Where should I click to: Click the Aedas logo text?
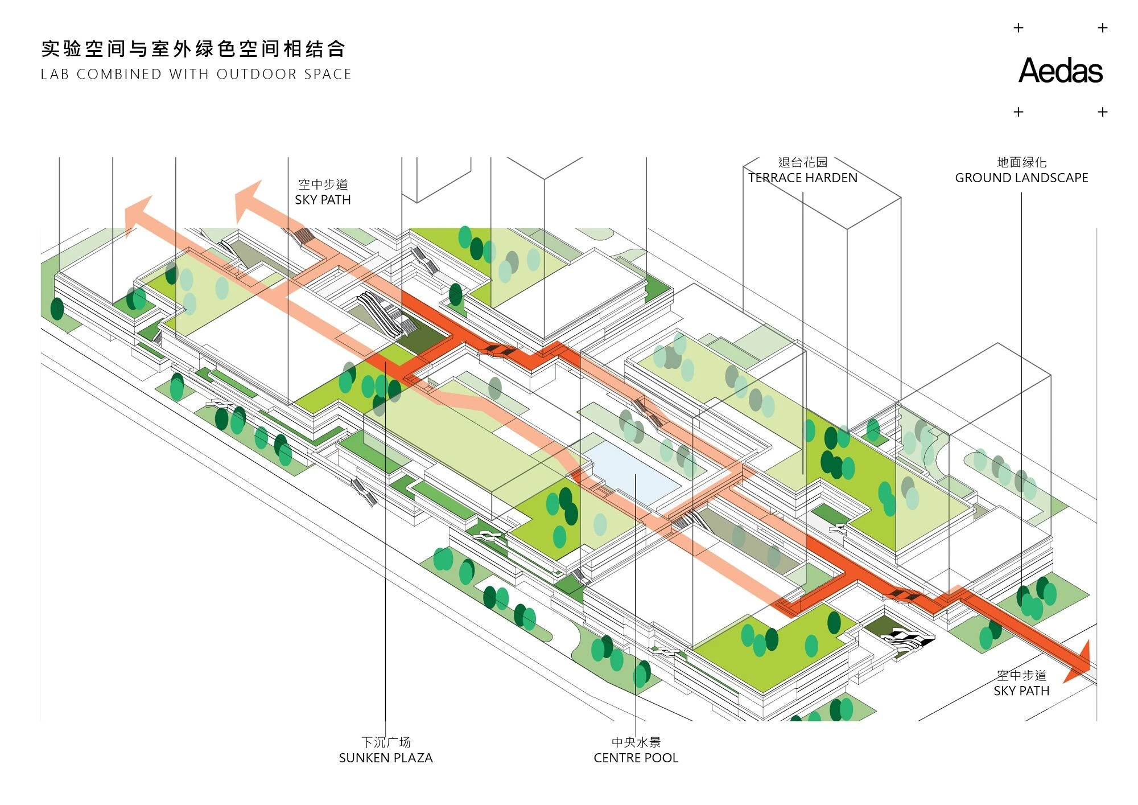[x=1060, y=71]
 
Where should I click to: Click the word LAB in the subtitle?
[x=55, y=75]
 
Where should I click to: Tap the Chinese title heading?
[x=193, y=49]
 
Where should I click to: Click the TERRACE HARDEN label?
[x=802, y=178]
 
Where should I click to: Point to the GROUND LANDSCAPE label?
[x=1021, y=178]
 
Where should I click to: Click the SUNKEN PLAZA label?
[x=386, y=758]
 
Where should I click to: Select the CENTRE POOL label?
[x=636, y=758]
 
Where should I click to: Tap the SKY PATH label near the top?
[x=323, y=200]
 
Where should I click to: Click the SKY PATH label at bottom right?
[x=1021, y=691]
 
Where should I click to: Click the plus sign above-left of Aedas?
[x=1019, y=28]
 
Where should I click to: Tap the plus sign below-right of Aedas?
[x=1102, y=112]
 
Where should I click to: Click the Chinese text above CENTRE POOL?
[x=636, y=742]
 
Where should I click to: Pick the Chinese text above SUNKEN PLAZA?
[x=386, y=742]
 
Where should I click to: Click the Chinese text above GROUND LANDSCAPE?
[x=1021, y=162]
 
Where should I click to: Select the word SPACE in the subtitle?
[x=328, y=75]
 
